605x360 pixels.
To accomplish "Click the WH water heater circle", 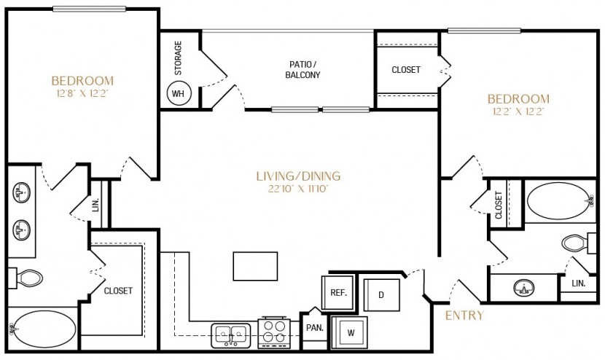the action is coord(179,93).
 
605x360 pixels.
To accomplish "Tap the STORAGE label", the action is coord(178,58).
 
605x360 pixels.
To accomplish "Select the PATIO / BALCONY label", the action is coord(303,70).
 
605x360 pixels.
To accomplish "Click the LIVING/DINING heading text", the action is coord(298,176).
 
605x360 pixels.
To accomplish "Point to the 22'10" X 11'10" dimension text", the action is coord(298,189).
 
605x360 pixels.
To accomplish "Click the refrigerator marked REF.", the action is coord(337,292).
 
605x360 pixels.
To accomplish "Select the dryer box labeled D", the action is coord(382,295).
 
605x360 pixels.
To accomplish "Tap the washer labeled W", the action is coord(350,332).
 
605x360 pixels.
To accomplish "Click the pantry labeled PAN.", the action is coord(315,329).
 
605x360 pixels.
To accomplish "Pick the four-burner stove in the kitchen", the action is coord(274,332).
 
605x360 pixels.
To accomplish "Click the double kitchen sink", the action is coord(231,335).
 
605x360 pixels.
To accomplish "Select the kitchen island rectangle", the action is coord(255,266).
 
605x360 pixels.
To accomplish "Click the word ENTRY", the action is coord(464,316).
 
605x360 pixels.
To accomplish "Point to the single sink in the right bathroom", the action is coord(524,288).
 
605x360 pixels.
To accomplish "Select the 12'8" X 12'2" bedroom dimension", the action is coord(82,94).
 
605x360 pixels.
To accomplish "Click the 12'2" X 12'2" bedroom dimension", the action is coord(518,112).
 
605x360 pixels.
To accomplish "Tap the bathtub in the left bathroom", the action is coord(42,329).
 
